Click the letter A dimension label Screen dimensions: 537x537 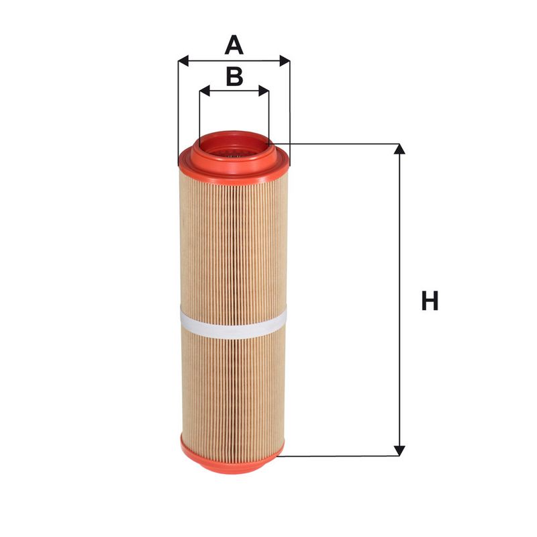[234, 45]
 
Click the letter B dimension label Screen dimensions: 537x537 [234, 77]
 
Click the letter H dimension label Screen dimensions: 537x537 [430, 301]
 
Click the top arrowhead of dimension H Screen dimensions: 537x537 [399, 149]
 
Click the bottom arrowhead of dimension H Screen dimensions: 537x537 [399, 450]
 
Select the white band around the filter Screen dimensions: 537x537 [233, 322]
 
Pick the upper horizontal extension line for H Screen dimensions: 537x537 [336, 143]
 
